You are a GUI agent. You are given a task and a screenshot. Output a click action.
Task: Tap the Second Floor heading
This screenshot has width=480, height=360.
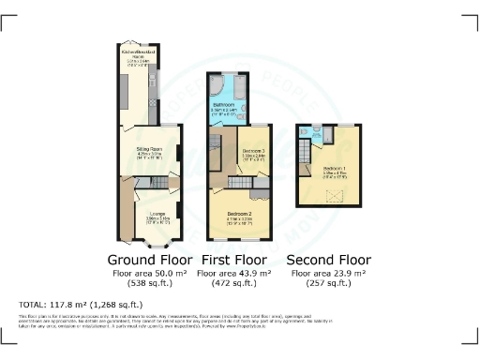point(323,259)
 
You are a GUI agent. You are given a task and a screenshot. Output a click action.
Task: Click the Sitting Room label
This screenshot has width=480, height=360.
point(145,148)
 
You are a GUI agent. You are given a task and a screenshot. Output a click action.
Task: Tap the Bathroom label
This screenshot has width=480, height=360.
point(223,107)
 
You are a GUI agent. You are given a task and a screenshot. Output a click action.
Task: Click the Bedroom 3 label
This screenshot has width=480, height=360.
point(254,151)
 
